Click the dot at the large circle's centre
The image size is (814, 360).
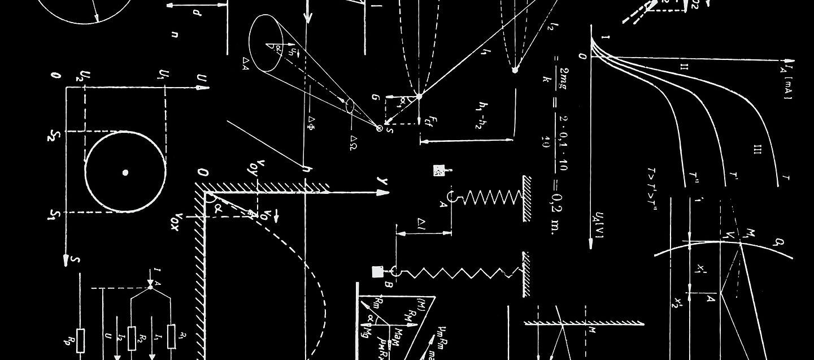(x=125, y=172)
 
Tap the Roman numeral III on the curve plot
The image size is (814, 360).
(x=758, y=149)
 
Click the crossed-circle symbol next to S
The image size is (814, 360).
(x=380, y=128)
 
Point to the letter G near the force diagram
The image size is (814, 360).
(x=375, y=97)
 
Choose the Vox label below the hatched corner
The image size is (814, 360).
(x=179, y=222)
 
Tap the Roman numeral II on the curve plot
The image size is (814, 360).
(x=684, y=67)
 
